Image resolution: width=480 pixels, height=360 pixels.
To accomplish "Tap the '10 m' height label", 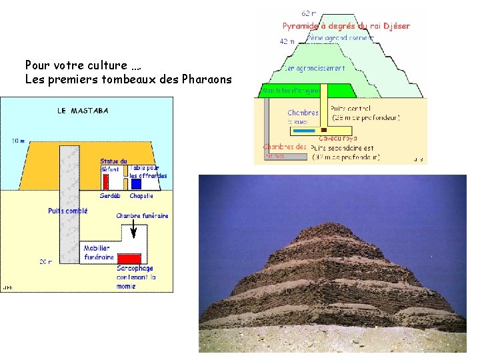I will (18, 141).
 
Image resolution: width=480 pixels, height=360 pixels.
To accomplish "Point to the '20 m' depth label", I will (45, 262).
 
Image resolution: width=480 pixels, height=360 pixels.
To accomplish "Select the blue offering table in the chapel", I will (136, 183).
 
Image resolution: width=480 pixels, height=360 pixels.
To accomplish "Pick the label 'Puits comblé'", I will (67, 211).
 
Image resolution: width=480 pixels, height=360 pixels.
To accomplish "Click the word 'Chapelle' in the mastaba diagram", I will (141, 196).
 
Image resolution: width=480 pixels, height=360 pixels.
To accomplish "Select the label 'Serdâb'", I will (109, 196).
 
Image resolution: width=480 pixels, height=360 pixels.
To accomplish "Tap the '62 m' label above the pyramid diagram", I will (309, 13).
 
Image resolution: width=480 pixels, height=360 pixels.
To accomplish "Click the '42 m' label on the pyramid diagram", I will (286, 41).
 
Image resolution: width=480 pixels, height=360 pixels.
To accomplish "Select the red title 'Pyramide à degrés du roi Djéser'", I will (346, 26).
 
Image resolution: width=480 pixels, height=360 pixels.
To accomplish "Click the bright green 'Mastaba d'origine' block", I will (291, 90).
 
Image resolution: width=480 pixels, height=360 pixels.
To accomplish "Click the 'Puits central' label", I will (351, 109).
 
